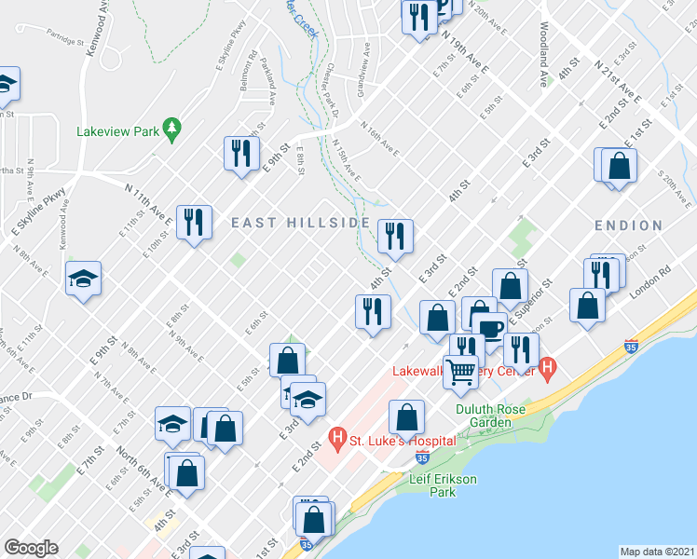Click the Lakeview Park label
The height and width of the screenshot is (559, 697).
pyautogui.click(x=117, y=131)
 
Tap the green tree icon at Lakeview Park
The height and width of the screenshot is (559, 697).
pyautogui.click(x=171, y=130)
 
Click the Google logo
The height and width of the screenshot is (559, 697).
pyautogui.click(x=31, y=548)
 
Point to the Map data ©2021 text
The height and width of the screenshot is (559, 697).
pyautogui.click(x=658, y=551)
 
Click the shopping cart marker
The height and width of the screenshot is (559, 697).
pyautogui.click(x=460, y=372)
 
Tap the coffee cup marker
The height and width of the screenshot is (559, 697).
pyautogui.click(x=489, y=328)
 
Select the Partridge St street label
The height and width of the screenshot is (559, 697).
pyautogui.click(x=64, y=41)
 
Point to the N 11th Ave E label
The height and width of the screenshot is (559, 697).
pyautogui.click(x=148, y=203)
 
